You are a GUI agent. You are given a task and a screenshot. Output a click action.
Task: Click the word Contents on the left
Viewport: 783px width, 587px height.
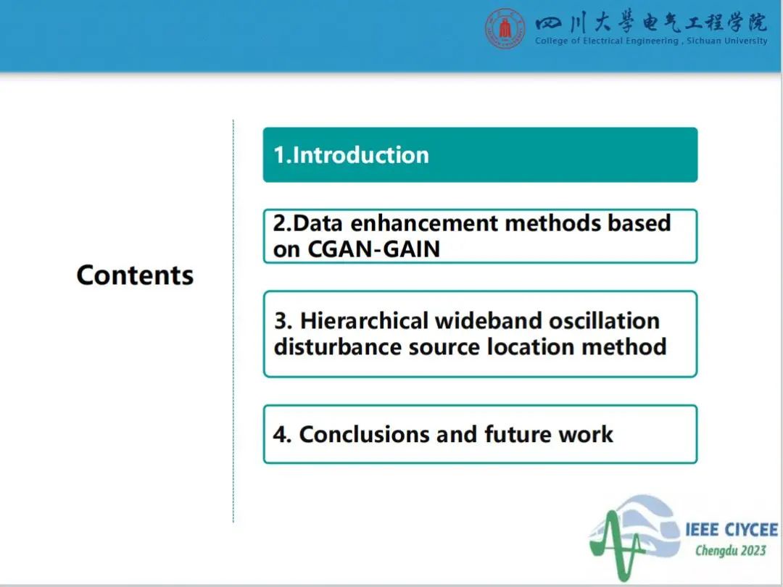click(135, 275)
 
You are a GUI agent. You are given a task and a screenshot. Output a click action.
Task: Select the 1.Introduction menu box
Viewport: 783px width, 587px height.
click(480, 155)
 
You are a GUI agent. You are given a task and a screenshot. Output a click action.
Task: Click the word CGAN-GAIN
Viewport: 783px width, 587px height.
click(373, 249)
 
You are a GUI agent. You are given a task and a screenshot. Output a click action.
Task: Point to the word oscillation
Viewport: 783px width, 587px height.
click(604, 320)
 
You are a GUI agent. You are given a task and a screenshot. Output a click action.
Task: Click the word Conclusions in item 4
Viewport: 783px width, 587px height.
click(364, 434)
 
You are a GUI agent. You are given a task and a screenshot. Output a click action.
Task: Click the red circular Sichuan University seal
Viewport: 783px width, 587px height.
click(505, 28)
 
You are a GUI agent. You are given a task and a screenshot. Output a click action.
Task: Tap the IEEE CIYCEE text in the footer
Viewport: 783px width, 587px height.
click(732, 530)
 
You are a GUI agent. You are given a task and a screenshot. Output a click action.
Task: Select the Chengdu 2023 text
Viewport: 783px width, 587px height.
click(731, 551)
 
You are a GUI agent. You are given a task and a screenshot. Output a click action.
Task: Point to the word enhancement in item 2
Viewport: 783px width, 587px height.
click(424, 222)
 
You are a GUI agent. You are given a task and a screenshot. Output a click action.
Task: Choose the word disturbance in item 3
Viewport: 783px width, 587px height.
click(338, 346)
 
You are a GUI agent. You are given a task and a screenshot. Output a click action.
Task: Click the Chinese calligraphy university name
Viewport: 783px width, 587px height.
click(650, 23)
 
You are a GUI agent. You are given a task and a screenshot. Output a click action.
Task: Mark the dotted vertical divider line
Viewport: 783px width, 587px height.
click(233, 321)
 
